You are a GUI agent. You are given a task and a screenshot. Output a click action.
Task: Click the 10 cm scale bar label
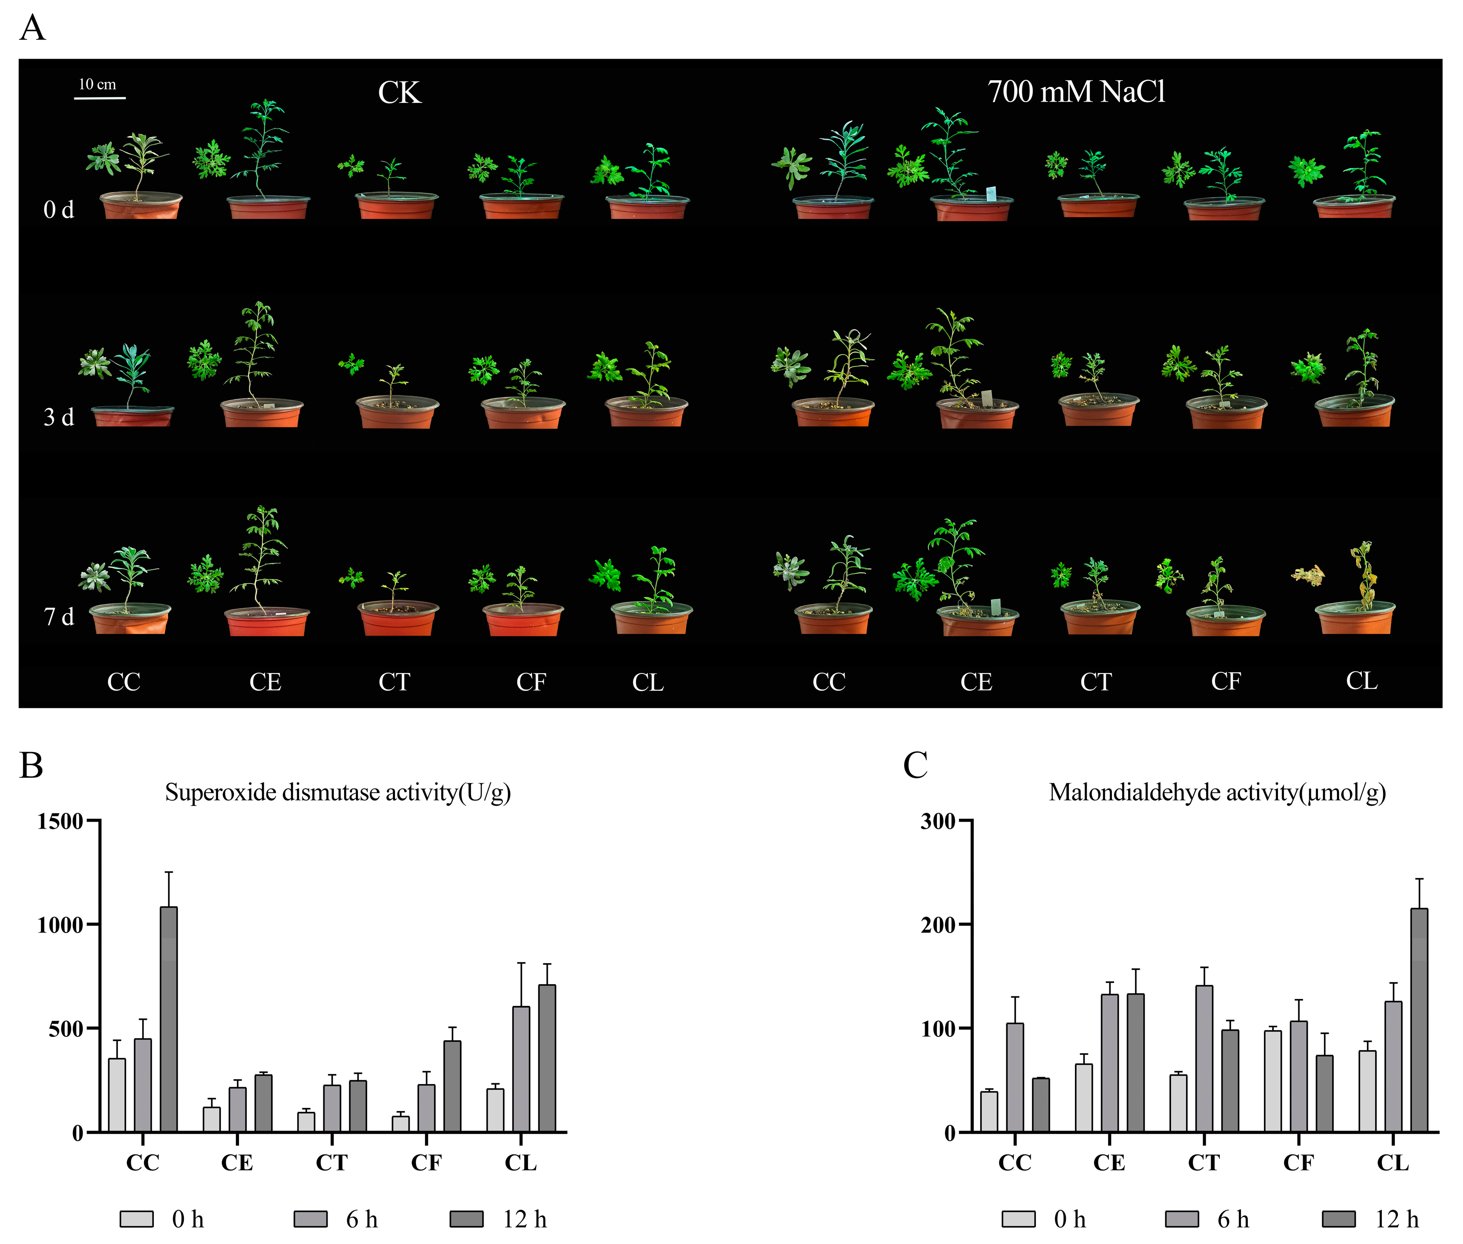tap(97, 85)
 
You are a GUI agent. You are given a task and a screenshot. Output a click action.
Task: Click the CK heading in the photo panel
tap(399, 93)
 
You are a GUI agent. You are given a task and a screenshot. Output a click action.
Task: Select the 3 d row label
tap(59, 418)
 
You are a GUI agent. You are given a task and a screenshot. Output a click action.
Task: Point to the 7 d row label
tap(59, 617)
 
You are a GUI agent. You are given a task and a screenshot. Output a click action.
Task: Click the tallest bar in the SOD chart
tap(169, 1019)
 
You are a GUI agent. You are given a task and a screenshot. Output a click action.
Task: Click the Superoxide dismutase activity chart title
tap(338, 793)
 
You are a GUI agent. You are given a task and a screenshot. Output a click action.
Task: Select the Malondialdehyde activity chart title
tap(1217, 793)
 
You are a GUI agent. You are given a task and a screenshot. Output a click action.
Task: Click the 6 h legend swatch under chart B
tap(310, 1219)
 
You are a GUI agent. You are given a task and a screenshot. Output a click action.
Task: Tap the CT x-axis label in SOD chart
tap(332, 1162)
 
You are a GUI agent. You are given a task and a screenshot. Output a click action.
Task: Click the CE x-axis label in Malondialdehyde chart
tap(1109, 1162)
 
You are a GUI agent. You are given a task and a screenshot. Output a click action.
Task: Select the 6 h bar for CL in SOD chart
tap(521, 1069)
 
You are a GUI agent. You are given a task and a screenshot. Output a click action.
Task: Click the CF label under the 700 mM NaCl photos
tap(1226, 681)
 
